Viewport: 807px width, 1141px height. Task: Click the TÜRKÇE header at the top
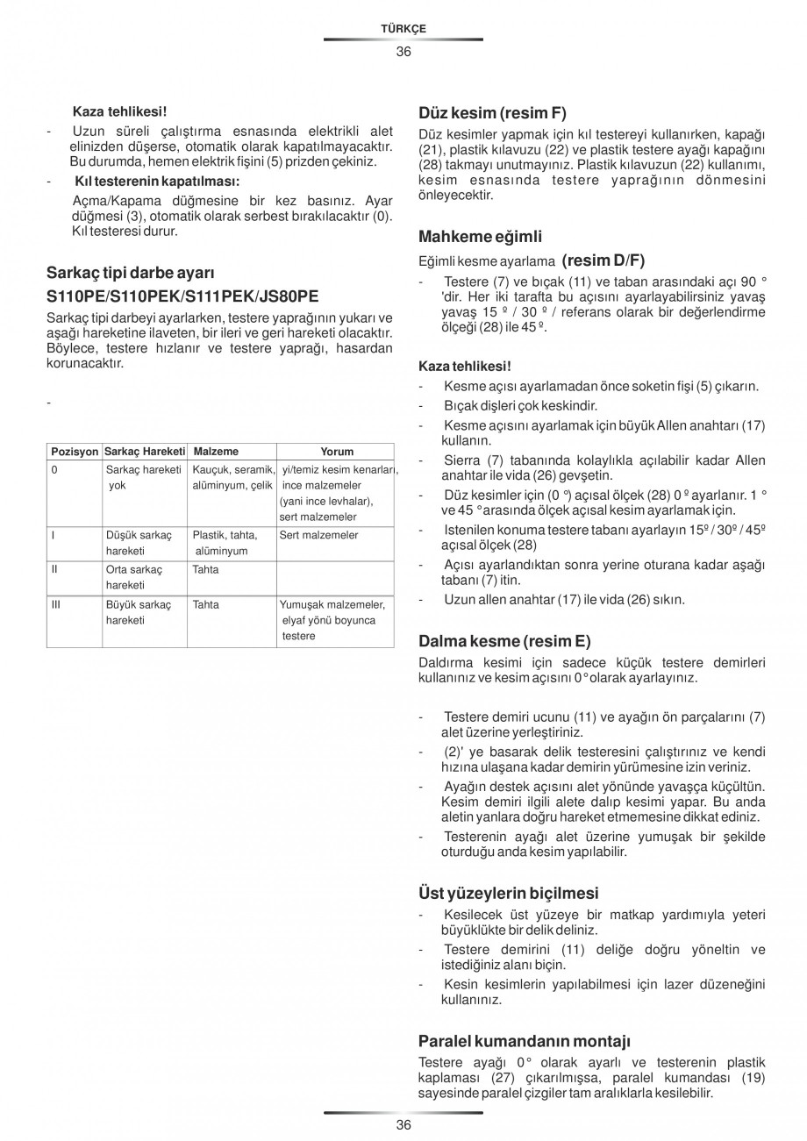[x=403, y=28]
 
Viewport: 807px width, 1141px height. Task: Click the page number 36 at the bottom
[x=403, y=1125]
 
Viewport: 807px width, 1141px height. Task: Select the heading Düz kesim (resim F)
[x=492, y=113]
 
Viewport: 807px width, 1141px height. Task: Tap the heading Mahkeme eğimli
[x=480, y=236]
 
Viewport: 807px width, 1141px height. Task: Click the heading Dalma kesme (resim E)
[x=504, y=640]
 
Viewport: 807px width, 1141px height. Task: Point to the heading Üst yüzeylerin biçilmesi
[x=509, y=893]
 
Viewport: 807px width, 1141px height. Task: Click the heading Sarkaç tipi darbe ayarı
[x=131, y=272]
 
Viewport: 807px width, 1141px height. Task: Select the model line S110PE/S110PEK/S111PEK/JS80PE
[x=182, y=296]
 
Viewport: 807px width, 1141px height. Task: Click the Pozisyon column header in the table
[x=75, y=452]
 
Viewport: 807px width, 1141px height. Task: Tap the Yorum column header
[x=337, y=452]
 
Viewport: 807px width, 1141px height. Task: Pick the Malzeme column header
[x=216, y=452]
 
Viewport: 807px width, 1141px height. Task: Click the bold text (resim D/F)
[x=603, y=260]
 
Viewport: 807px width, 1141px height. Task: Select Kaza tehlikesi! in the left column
[x=119, y=111]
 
